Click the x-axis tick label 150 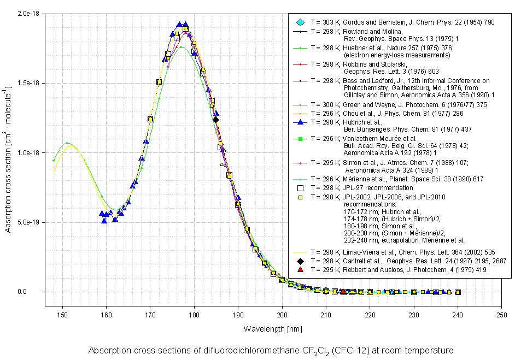click(63, 315)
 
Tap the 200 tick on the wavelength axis click(282, 315)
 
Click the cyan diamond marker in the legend click(300, 22)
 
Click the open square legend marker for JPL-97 click(300, 188)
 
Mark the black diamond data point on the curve click(216, 120)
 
